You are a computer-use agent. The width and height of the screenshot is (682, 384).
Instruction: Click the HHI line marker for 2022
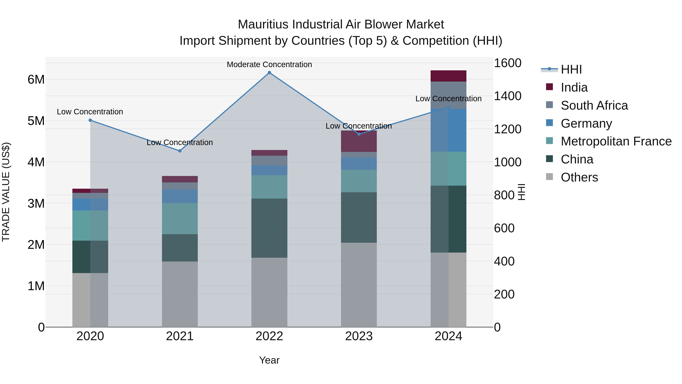[x=269, y=73]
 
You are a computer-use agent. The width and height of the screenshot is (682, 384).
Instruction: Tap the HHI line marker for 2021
[x=180, y=151]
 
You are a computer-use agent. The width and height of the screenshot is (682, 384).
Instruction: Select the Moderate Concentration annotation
[x=269, y=65]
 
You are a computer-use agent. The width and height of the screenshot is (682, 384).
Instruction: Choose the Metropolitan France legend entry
[x=616, y=141]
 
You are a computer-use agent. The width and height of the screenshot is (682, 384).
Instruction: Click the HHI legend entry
[x=571, y=69]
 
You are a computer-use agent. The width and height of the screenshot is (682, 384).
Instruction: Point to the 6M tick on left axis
[x=36, y=79]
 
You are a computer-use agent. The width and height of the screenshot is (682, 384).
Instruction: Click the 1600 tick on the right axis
[x=508, y=63]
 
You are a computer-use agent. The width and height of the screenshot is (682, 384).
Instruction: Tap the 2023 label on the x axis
[x=359, y=336]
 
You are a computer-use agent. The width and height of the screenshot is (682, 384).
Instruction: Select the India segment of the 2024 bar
[x=448, y=76]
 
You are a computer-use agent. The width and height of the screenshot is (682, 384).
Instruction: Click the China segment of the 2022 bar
[x=269, y=228]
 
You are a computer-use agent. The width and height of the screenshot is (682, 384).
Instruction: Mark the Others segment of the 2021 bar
[x=180, y=294]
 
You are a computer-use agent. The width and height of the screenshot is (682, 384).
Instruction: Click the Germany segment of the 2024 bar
[x=448, y=130]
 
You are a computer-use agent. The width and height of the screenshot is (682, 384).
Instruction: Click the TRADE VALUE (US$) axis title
[x=6, y=192]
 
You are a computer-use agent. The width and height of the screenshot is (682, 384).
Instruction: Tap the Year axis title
[x=269, y=360]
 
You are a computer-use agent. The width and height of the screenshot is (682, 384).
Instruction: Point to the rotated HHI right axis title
[x=521, y=192]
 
